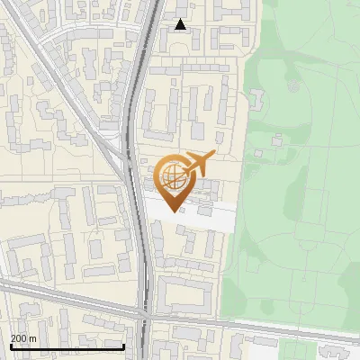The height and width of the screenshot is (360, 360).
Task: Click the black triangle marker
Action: (x=181, y=24)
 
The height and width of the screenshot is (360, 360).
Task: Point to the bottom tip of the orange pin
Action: (x=172, y=211)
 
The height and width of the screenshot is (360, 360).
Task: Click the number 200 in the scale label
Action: (x=20, y=338)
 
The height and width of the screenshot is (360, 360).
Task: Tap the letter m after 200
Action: (x=32, y=338)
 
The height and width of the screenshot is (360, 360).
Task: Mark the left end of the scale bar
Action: (x=10, y=346)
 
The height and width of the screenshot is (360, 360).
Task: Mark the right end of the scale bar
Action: (x=123, y=346)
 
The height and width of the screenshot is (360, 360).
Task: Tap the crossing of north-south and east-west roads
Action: (x=145, y=314)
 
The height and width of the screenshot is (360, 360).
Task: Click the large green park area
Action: (x=297, y=207)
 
